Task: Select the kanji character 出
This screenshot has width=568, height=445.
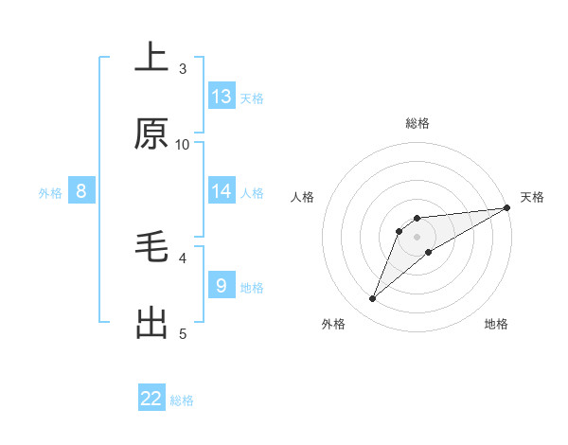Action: click(151, 323)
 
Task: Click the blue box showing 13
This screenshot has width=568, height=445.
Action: click(222, 97)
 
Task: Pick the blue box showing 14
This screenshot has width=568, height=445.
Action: click(222, 191)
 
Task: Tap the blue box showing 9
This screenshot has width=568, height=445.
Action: click(222, 285)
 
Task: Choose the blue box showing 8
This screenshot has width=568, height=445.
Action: click(81, 191)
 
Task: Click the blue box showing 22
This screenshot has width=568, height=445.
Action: click(151, 399)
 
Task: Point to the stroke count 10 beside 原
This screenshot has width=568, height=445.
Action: click(183, 144)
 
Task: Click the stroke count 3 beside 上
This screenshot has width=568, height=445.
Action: click(183, 68)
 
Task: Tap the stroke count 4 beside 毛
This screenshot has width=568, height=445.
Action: click(183, 257)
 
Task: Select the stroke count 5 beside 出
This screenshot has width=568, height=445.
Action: click(183, 333)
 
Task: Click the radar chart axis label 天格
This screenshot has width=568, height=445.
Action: click(532, 197)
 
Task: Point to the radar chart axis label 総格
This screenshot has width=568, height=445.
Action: click(417, 123)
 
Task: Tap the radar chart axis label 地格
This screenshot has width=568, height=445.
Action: click(496, 324)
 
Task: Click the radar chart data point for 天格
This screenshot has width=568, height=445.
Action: click(506, 207)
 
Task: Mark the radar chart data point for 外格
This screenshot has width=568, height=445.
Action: click(373, 299)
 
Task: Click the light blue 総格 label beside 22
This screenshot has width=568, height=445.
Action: click(182, 400)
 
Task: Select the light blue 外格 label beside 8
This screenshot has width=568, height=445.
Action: click(50, 192)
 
